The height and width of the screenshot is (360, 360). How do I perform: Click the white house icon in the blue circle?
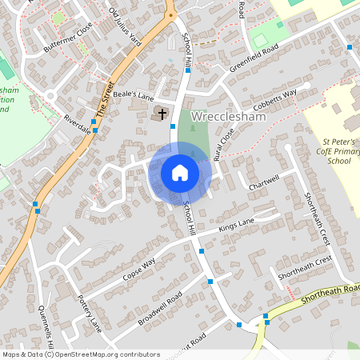[x=180, y=172]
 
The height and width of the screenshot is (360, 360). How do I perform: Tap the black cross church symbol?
[x=162, y=114]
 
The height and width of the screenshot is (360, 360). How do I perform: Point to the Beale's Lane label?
[x=133, y=95]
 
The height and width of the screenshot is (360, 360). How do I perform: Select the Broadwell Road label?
[x=160, y=307]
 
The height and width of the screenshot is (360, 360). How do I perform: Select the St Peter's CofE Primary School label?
[x=328, y=151]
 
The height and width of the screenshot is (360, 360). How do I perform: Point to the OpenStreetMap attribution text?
[x=81, y=354]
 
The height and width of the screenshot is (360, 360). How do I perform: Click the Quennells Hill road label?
[x=45, y=328]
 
